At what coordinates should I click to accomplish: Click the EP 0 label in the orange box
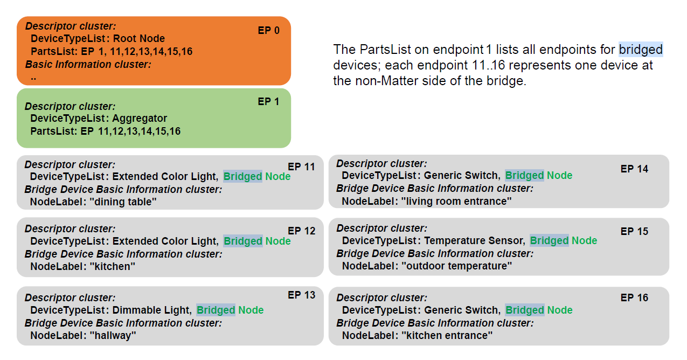click(268, 30)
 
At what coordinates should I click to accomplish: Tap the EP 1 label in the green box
click(268, 101)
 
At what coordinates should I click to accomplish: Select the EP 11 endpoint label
click(301, 167)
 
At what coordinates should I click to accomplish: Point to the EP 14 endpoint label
click(634, 169)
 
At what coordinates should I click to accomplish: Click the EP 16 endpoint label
click(634, 297)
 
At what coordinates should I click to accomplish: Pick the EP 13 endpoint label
click(301, 295)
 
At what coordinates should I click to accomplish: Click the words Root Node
click(139, 39)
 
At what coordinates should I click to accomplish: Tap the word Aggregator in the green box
click(140, 119)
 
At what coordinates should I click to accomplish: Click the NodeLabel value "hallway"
click(113, 335)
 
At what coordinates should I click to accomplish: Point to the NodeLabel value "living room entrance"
click(456, 201)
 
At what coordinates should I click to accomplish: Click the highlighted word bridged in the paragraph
click(641, 50)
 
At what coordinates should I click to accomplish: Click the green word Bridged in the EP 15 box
click(549, 241)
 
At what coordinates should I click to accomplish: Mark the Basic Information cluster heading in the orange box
click(88, 64)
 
